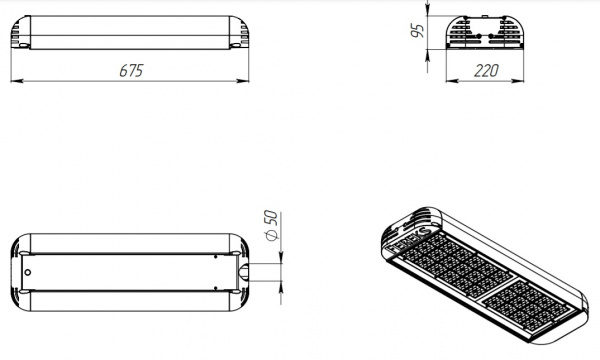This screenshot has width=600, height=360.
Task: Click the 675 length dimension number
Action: coord(131,70)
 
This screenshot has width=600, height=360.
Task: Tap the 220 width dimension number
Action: coord(486,70)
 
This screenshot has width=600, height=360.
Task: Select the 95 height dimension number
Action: coord(417,31)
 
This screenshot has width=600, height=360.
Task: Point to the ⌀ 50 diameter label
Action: coord(271,225)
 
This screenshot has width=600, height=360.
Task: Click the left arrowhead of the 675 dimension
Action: coord(17,81)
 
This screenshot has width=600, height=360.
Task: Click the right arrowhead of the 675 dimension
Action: coord(243,81)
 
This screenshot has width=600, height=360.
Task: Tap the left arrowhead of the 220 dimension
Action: coord(452,81)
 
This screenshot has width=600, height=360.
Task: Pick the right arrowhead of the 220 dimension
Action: coord(518,81)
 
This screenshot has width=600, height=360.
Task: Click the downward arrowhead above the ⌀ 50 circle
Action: coord(281,257)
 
